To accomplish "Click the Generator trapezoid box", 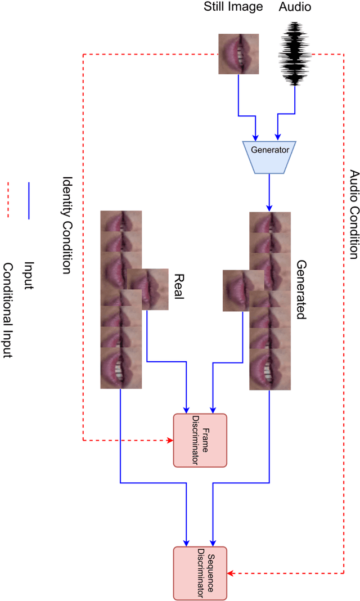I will [269, 150].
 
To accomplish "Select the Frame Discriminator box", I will [199, 440].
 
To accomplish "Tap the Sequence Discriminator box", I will [199, 573].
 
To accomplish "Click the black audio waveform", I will [295, 53].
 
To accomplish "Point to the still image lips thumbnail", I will [238, 54].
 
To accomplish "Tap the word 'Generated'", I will [301, 289].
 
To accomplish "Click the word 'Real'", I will [179, 286].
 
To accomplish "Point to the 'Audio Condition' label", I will [353, 214].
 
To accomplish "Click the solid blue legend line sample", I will [28, 200].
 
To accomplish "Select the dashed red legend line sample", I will [8, 200].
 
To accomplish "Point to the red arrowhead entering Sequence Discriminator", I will [230, 573].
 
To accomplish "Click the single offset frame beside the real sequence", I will [147, 289].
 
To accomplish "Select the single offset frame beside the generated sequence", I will [243, 290].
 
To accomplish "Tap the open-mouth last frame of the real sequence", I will [121, 368].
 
